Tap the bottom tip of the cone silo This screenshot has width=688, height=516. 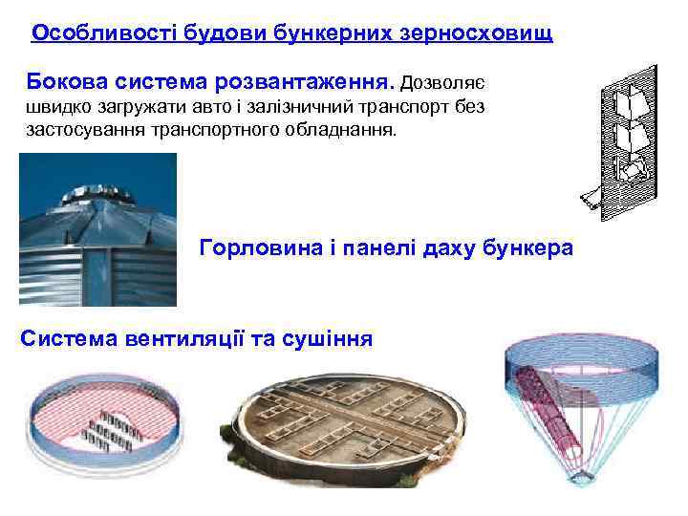580,481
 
